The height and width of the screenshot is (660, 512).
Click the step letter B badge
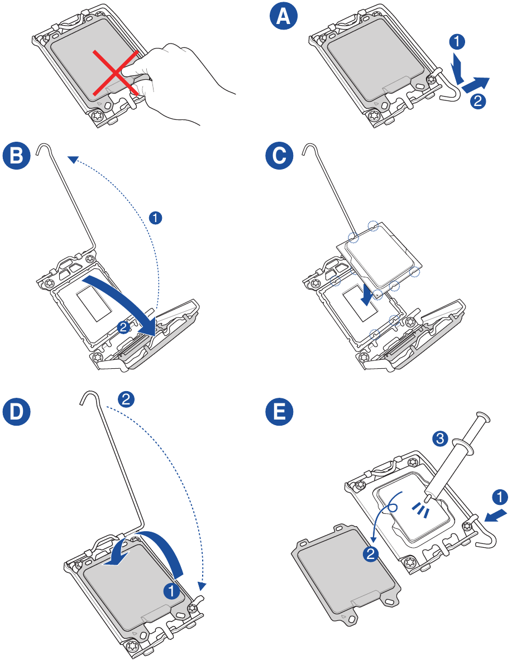[x=17, y=156]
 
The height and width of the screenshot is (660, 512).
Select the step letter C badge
[x=279, y=156]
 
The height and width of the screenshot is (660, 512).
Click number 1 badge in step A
[x=456, y=40]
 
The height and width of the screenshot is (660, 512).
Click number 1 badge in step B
[x=157, y=217]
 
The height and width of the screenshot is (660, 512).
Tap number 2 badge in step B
[x=124, y=328]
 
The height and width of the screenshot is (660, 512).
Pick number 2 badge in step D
[x=127, y=398]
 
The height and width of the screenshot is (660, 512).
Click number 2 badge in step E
[x=370, y=553]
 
